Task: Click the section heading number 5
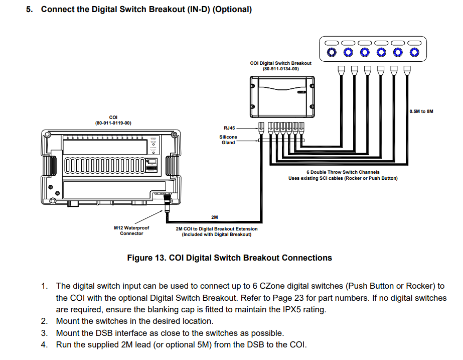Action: (29, 10)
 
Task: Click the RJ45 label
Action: (229, 128)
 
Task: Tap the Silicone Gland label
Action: (228, 140)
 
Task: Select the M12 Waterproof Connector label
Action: (131, 230)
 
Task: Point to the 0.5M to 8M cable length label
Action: (421, 111)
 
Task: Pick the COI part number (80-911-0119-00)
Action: (113, 123)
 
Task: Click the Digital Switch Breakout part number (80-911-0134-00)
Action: (280, 69)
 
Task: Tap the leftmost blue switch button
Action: (331, 52)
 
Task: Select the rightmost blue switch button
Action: (414, 52)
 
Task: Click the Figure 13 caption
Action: (229, 258)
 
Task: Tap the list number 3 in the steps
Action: (44, 333)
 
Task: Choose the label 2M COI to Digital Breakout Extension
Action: (216, 228)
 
